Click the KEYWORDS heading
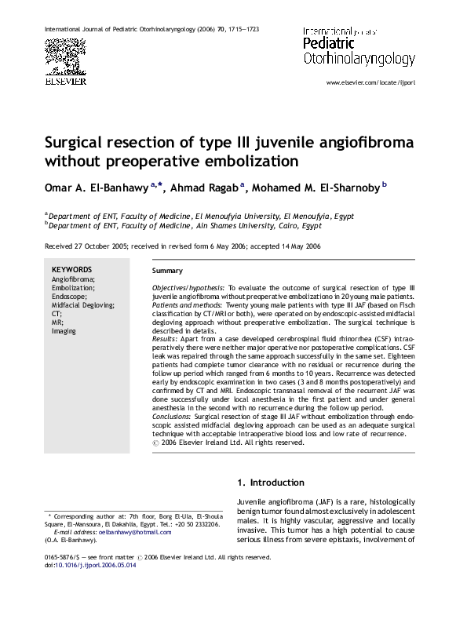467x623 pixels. [71, 270]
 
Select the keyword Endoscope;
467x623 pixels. [70, 297]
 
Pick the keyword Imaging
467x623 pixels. [64, 331]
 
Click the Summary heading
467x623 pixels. [166, 271]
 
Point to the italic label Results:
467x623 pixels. [165, 338]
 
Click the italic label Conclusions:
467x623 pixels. [172, 417]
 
